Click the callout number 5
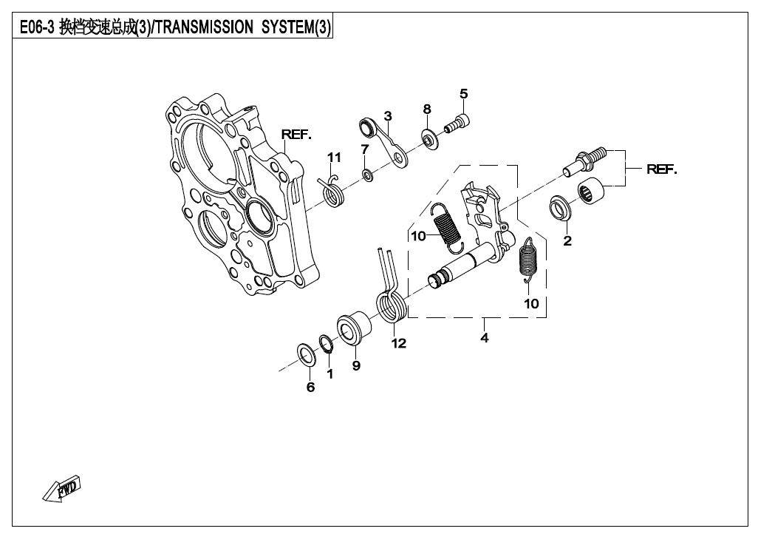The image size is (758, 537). [464, 94]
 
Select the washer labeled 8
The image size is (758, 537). [430, 139]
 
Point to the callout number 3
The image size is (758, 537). [388, 116]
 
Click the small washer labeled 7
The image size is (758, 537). [367, 175]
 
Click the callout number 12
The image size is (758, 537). [399, 343]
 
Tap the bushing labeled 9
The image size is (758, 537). [354, 330]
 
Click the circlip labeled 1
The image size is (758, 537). [327, 344]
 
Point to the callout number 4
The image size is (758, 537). [485, 338]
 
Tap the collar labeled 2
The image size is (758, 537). [561, 208]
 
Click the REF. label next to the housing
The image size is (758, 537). [296, 135]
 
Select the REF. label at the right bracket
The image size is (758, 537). [662, 169]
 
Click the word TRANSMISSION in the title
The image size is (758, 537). [205, 27]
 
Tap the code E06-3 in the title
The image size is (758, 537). [37, 27]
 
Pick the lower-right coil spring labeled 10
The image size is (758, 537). [528, 260]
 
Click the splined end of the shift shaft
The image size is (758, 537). [436, 280]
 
